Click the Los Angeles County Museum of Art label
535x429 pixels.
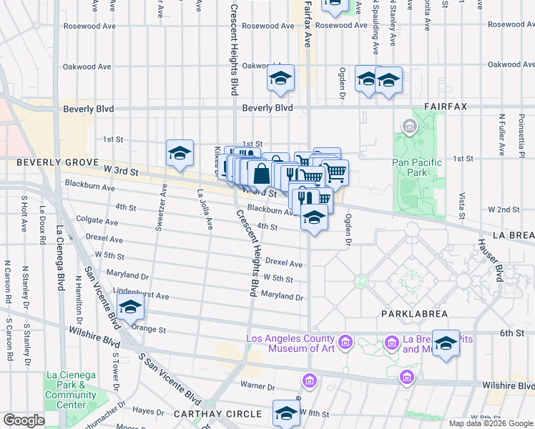(x=290, y=344)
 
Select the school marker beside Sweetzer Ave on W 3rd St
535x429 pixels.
(x=180, y=153)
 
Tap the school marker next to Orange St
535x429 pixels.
(x=130, y=307)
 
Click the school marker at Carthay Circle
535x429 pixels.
(x=286, y=413)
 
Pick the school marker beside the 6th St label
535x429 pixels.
(x=446, y=343)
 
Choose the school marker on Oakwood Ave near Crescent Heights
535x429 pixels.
(x=281, y=79)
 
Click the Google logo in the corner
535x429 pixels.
(x=24, y=420)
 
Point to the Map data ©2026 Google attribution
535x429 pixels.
(x=491, y=423)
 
